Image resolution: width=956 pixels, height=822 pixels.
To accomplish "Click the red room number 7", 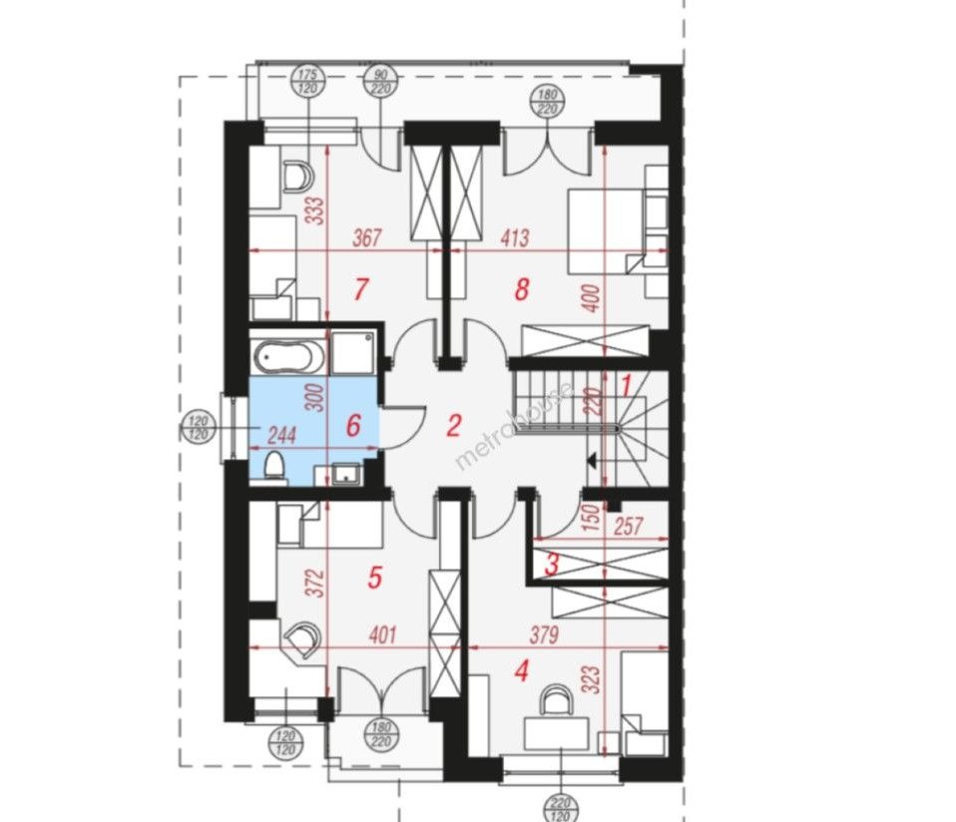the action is click(x=361, y=289).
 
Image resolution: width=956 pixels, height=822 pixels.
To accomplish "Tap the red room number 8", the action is click(x=522, y=289).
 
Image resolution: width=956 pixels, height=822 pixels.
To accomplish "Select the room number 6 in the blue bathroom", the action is click(x=353, y=425).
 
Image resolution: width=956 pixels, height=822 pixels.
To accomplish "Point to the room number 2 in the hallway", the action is click(x=453, y=425).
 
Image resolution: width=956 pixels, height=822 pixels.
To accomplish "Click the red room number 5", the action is click(x=375, y=577).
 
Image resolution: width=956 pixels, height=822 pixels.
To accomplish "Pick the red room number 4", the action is click(x=521, y=671).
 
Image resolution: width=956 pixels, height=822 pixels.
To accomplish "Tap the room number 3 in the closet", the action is click(x=552, y=565).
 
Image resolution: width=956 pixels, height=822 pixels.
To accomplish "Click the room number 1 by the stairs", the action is click(x=626, y=384).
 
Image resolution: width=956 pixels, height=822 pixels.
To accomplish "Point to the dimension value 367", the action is click(x=367, y=237).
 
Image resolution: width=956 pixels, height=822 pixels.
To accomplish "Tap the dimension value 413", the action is click(x=515, y=237).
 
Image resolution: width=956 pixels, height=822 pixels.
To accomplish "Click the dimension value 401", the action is click(x=382, y=634).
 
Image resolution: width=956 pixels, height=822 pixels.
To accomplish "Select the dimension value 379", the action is click(x=544, y=634).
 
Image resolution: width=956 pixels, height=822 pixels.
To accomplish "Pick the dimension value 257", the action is click(x=629, y=526).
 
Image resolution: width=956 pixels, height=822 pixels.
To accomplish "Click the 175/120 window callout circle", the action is click(x=309, y=82).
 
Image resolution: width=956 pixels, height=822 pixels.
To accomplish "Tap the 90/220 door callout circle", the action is click(x=381, y=82).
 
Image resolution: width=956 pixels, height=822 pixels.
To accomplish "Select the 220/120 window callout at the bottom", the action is click(x=560, y=807).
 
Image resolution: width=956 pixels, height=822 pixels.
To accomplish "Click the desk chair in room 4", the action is click(x=557, y=699).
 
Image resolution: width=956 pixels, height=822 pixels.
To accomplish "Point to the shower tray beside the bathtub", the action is click(x=352, y=353).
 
